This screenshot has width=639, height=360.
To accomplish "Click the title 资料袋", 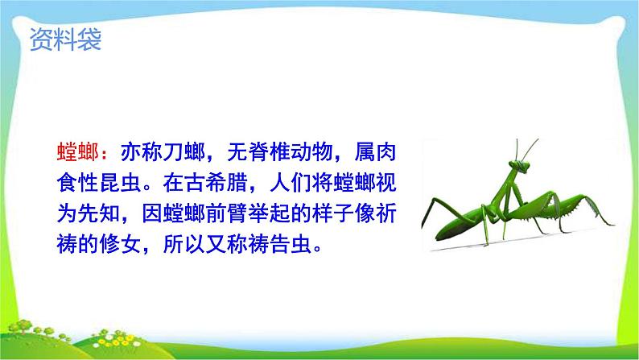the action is click(65, 39).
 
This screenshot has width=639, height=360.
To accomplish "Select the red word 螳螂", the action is click(78, 151).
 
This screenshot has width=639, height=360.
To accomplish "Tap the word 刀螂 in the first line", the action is click(183, 151).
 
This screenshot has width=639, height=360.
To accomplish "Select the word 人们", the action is click(291, 182).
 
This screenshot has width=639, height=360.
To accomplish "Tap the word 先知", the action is click(99, 213).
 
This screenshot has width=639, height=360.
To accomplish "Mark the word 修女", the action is click(120, 244).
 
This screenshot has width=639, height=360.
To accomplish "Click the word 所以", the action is click(183, 244).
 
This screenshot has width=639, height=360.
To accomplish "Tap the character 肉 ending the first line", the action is click(386, 151).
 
